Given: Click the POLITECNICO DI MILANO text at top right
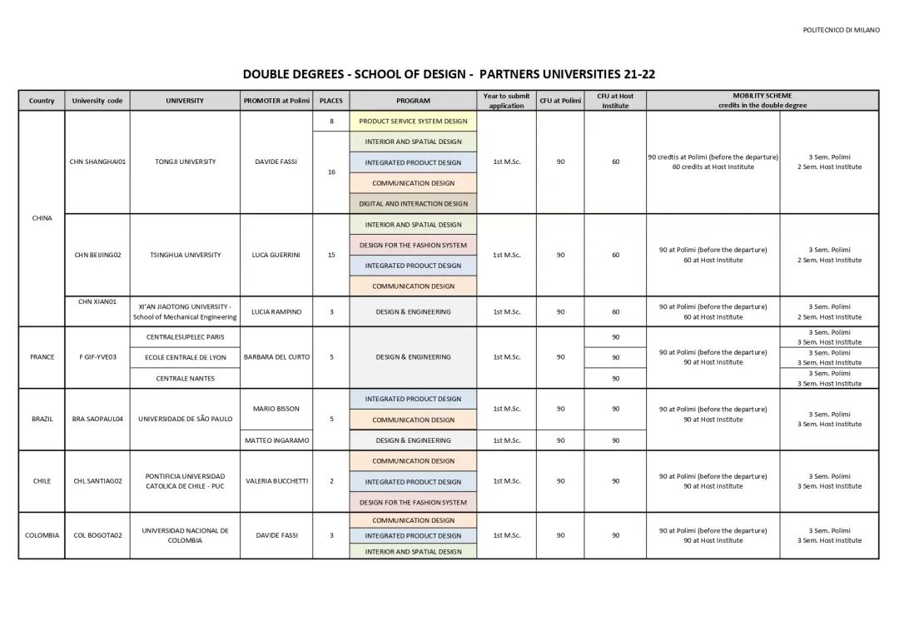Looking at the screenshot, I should click(841, 30).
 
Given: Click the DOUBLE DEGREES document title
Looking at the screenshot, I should click(449, 74).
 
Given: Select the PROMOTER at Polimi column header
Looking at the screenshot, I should click(276, 101).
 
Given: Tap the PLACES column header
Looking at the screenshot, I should click(331, 101).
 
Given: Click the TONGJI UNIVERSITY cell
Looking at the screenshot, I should click(185, 161).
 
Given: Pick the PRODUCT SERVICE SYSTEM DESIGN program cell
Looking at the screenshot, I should click(413, 121).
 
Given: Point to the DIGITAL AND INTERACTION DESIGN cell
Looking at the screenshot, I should click(413, 203).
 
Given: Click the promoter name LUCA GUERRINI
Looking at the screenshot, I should click(276, 255).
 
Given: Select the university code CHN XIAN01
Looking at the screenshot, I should click(97, 301).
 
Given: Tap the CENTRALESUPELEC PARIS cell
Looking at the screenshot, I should click(185, 336).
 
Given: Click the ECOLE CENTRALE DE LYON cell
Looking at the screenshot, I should click(185, 357).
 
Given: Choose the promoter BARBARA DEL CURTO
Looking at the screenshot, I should click(276, 357).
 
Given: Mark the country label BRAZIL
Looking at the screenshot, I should click(42, 419).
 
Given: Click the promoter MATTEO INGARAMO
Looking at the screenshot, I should click(276, 440).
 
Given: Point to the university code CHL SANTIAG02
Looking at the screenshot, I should click(97, 481).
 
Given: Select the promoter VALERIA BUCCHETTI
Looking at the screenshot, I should click(276, 481).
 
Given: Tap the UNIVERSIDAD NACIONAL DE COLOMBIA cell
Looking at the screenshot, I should click(185, 535).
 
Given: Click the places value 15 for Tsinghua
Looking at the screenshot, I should click(331, 255).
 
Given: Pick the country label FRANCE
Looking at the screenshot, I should click(42, 357).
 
